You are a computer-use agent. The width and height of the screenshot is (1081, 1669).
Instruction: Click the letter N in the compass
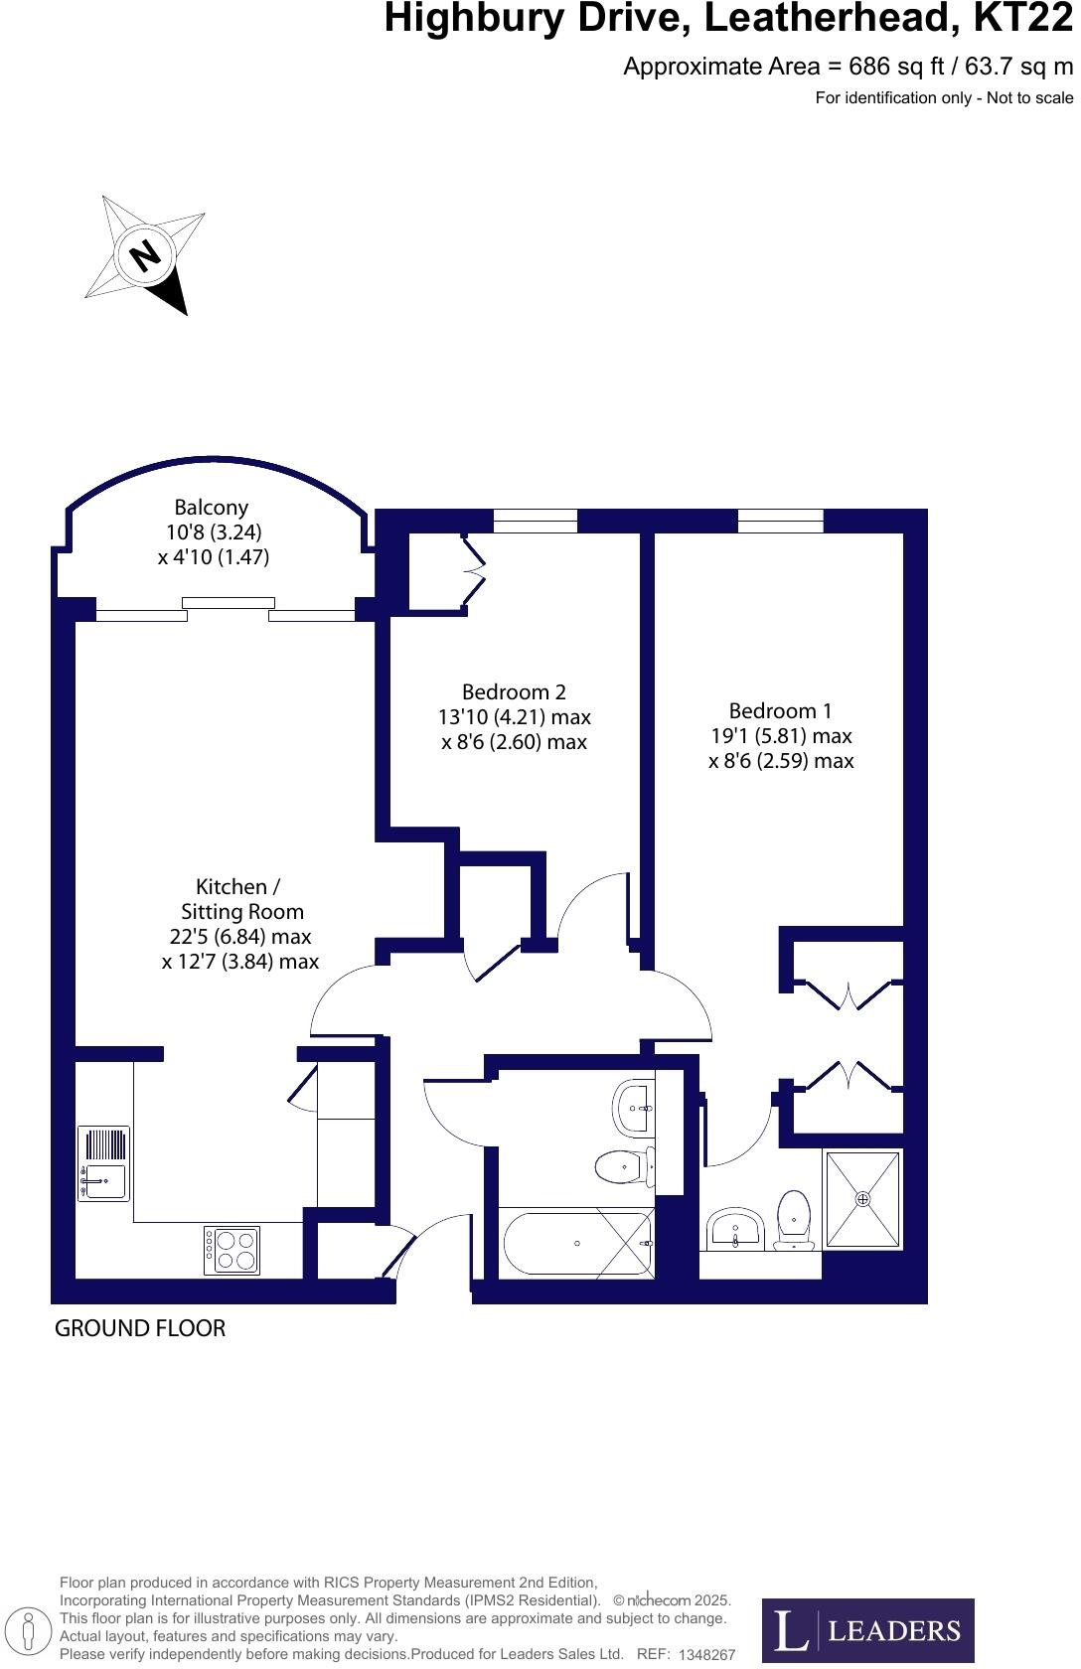pyautogui.click(x=146, y=255)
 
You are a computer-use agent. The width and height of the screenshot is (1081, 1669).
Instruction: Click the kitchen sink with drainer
pyautogui.click(x=103, y=1163)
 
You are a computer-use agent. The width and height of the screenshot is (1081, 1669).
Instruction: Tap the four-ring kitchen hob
pyautogui.click(x=232, y=1250)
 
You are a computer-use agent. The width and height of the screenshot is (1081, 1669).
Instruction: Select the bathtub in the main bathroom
pyautogui.click(x=576, y=1243)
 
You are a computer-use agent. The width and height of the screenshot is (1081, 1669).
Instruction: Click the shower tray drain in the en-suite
pyautogui.click(x=862, y=1198)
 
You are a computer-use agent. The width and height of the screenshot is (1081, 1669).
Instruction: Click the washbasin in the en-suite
pyautogui.click(x=734, y=1230)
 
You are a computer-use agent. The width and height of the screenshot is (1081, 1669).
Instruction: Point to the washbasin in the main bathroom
pyautogui.click(x=634, y=1107)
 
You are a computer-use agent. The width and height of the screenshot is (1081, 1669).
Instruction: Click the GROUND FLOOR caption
pyautogui.click(x=140, y=1328)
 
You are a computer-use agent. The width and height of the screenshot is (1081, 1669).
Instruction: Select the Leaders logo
pyautogui.click(x=867, y=1630)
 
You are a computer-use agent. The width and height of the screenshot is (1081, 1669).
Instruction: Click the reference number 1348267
pyautogui.click(x=706, y=1655)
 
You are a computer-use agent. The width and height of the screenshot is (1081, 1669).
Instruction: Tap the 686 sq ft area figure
pyautogui.click(x=889, y=67)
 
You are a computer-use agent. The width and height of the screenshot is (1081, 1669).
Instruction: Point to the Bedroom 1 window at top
pyautogui.click(x=780, y=521)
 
